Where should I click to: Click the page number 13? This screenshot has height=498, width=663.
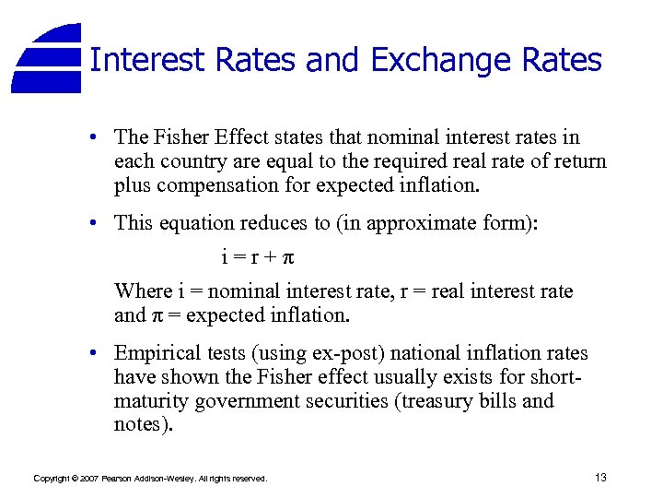click(600, 477)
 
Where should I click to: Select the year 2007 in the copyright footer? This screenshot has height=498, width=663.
click(89, 479)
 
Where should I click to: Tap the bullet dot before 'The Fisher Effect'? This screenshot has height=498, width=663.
click(95, 138)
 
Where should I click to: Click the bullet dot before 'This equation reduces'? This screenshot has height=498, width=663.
click(95, 223)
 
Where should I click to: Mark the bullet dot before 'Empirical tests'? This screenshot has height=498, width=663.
click(95, 354)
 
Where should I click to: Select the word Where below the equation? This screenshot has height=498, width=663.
click(143, 291)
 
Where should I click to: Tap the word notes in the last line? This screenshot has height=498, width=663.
click(139, 424)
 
